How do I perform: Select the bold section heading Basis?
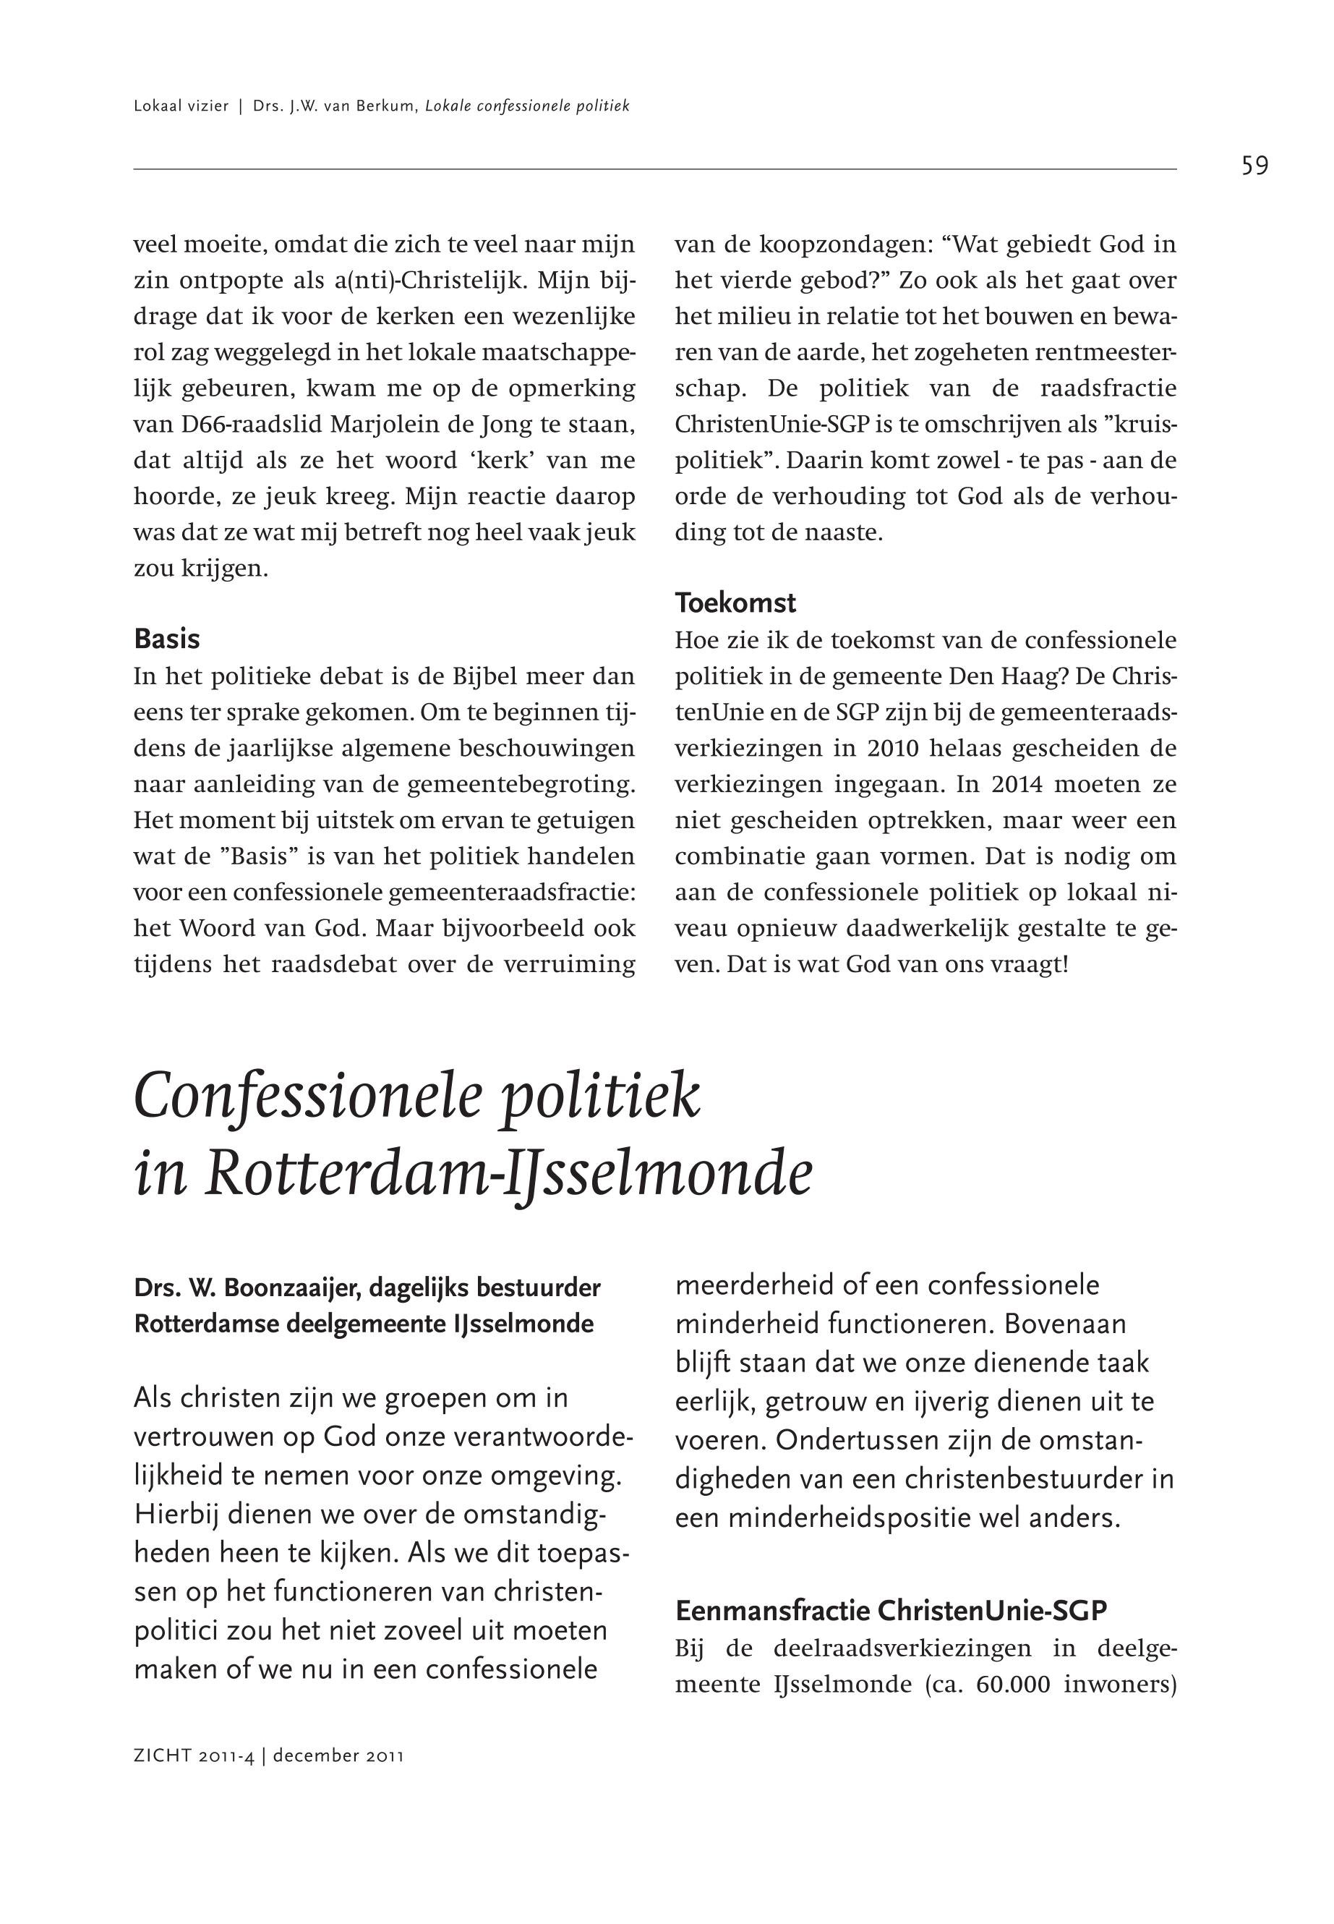[166, 639]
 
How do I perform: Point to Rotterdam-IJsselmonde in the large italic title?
[508, 1175]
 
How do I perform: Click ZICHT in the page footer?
[162, 1756]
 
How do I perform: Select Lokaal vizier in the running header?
[181, 106]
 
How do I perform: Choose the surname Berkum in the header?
[386, 106]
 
